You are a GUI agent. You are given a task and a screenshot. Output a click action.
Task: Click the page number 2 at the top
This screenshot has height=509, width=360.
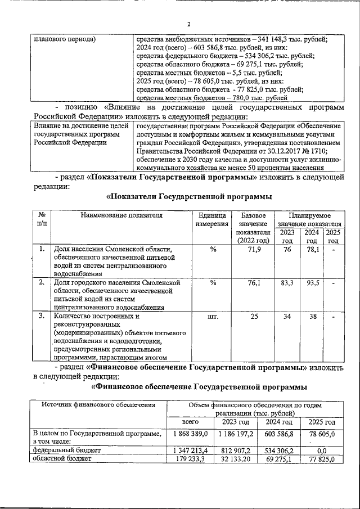click(x=189, y=24)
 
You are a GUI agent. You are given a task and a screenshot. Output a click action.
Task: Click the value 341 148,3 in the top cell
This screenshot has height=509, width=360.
click(x=272, y=39)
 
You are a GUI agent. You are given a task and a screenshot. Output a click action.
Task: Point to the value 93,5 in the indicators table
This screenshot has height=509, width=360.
click(x=311, y=282)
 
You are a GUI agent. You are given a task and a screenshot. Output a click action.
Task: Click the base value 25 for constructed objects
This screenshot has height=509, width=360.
click(x=254, y=316)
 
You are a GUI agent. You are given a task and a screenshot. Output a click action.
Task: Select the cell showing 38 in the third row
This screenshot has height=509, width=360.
click(x=311, y=316)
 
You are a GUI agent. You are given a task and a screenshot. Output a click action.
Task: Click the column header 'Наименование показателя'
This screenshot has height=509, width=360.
click(x=121, y=215)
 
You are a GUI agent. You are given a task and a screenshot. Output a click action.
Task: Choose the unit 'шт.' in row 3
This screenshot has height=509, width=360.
click(x=213, y=316)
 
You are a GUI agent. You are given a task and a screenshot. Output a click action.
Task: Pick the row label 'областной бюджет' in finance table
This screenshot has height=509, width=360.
click(x=60, y=459)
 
